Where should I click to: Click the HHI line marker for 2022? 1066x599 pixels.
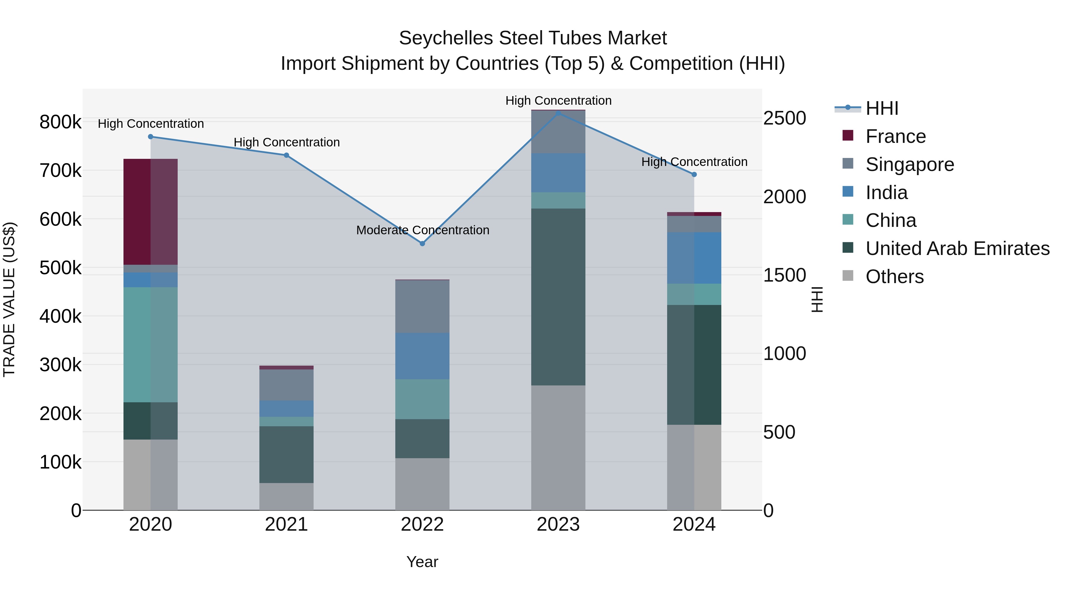point(422,243)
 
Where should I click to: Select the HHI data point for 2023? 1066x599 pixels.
point(558,113)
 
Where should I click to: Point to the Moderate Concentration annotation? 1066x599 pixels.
point(423,230)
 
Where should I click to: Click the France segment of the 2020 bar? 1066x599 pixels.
point(151,212)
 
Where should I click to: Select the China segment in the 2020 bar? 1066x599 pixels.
point(151,345)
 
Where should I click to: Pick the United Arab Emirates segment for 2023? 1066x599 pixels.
point(558,297)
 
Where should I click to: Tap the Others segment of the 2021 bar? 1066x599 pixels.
point(286,496)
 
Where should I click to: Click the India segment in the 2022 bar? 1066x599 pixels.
point(422,356)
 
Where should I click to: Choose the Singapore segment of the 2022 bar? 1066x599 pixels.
point(422,306)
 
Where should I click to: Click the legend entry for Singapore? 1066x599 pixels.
point(910,164)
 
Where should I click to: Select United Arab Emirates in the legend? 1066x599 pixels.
point(957,248)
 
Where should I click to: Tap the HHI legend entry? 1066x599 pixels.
point(882,108)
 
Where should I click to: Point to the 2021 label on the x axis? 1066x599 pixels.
point(286,524)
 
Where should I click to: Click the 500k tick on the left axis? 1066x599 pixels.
point(60,268)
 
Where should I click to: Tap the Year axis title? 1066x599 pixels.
point(422,562)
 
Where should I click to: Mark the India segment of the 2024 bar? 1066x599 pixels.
point(694,258)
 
